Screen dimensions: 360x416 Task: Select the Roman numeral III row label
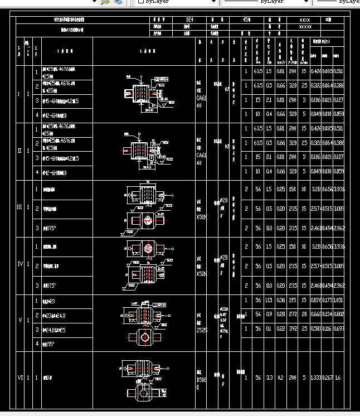click(x=20, y=207)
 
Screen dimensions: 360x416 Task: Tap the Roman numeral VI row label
click(x=20, y=378)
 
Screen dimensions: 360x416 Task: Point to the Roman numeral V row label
click(x=20, y=320)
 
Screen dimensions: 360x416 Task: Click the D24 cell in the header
click(x=189, y=20)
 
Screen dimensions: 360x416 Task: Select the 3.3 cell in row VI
click(x=269, y=378)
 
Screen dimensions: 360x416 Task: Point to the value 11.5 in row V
click(x=269, y=300)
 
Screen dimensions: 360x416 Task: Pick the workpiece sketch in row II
click(x=142, y=151)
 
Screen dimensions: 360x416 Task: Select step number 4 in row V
click(x=37, y=344)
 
